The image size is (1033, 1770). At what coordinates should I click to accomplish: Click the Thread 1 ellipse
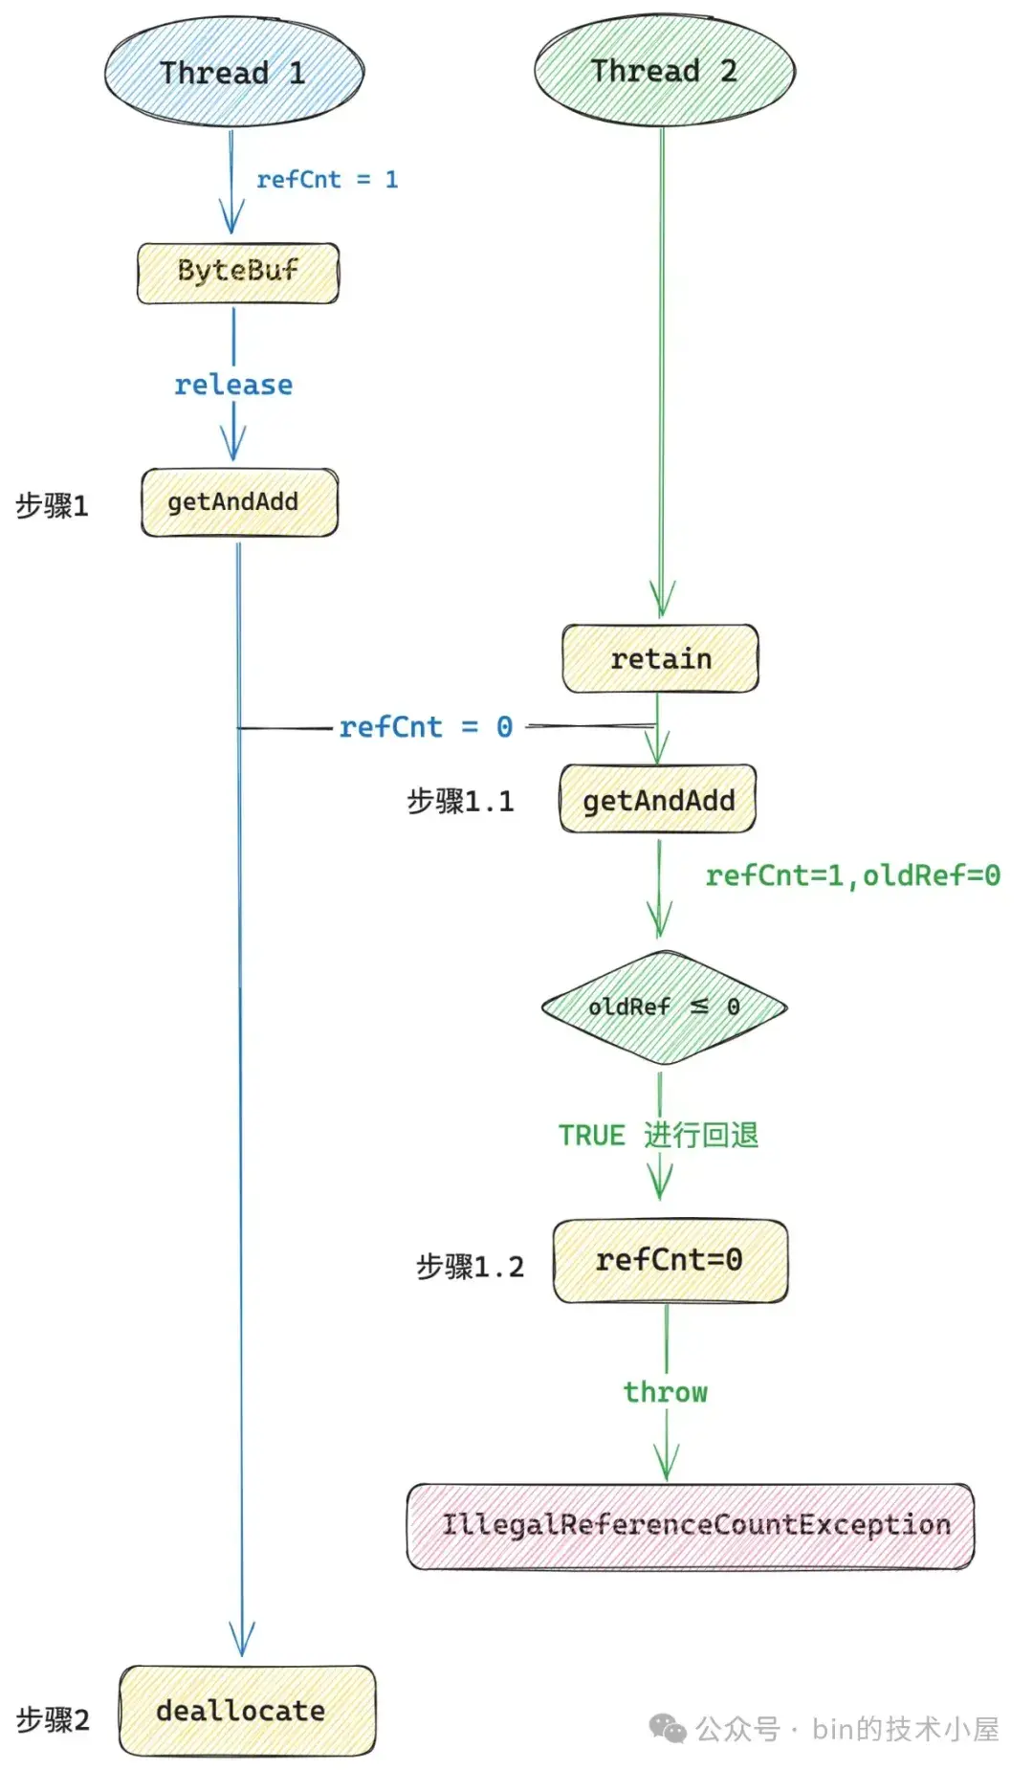tap(233, 73)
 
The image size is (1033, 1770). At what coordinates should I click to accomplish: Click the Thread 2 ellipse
tap(664, 71)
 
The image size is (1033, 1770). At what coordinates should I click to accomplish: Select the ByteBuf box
tap(238, 274)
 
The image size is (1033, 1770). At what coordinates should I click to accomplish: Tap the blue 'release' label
tap(233, 385)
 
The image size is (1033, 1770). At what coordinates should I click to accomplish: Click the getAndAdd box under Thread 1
tap(239, 502)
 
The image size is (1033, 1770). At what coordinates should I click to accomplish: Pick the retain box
tap(660, 659)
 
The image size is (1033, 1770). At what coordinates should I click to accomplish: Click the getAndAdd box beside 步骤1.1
tap(658, 800)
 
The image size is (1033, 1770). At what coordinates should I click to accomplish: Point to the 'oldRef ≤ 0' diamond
tap(664, 1007)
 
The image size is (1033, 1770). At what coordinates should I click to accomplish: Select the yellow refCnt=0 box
tap(670, 1260)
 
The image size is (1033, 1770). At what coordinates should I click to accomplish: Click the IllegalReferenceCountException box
tap(691, 1525)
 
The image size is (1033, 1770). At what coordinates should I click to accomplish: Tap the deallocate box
tap(247, 1711)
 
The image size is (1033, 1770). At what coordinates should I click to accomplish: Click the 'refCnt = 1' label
tap(327, 180)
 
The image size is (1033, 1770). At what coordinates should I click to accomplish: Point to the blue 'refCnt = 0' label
tap(426, 727)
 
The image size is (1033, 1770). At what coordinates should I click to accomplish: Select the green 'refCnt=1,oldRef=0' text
tap(852, 875)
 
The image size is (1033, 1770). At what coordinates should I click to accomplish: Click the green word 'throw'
tap(666, 1392)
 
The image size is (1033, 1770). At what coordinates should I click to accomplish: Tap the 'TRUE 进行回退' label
tap(658, 1136)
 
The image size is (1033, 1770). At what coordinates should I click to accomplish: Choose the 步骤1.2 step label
tap(470, 1267)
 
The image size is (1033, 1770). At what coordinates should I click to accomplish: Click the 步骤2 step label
tap(53, 1719)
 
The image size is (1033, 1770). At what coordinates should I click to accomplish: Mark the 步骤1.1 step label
tap(460, 801)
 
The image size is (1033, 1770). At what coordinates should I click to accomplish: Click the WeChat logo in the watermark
tap(668, 1728)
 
